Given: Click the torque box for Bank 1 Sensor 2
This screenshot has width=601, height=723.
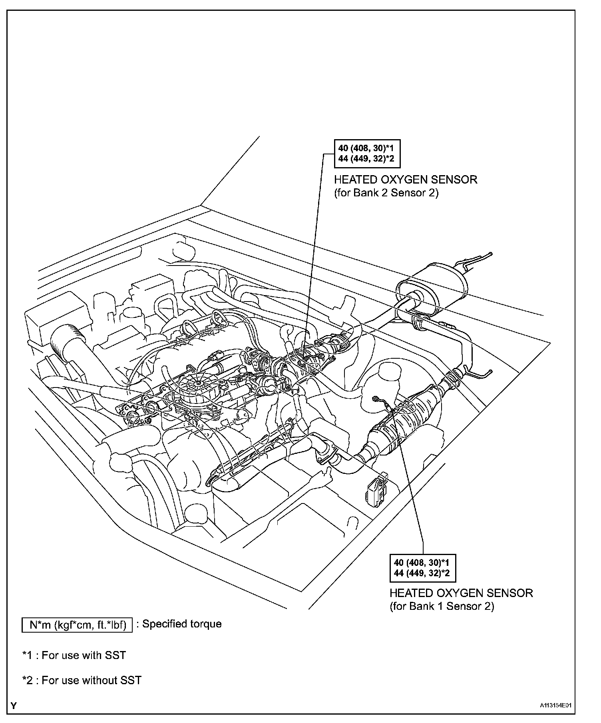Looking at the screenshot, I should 422,567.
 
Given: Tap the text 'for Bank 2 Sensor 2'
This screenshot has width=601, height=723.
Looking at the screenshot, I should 386,193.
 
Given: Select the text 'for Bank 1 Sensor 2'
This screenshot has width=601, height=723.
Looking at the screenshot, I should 442,606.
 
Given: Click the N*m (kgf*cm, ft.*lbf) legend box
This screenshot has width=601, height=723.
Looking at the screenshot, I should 77,625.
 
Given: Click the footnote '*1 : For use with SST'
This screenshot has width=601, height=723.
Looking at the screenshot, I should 74,655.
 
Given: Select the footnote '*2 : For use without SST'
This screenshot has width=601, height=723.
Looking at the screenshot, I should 82,680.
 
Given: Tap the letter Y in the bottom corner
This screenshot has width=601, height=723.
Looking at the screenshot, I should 14,706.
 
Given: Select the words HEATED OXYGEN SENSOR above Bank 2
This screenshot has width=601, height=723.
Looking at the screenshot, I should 406,180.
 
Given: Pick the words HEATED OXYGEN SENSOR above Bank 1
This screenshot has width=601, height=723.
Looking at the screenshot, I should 461,593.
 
